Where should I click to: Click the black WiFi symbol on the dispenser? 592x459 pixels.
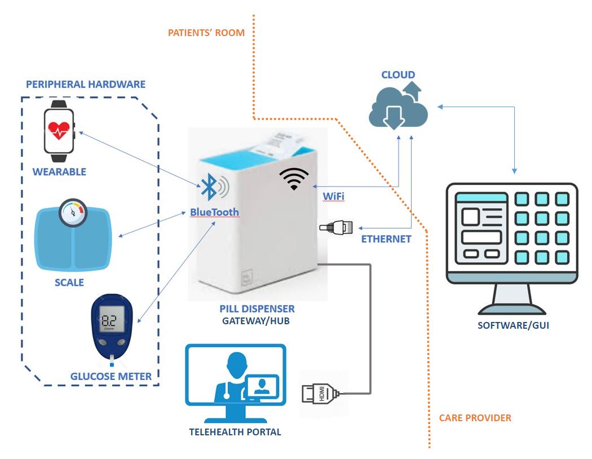[294, 179]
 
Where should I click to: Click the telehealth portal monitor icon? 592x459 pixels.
[236, 383]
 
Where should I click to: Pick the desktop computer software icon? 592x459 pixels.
[512, 248]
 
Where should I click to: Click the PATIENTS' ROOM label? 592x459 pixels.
[206, 33]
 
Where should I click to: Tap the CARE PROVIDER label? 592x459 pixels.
[475, 418]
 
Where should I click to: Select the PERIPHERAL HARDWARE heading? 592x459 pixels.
[86, 85]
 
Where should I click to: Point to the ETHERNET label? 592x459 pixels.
[386, 239]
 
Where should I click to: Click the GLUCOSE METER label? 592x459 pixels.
[111, 376]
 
